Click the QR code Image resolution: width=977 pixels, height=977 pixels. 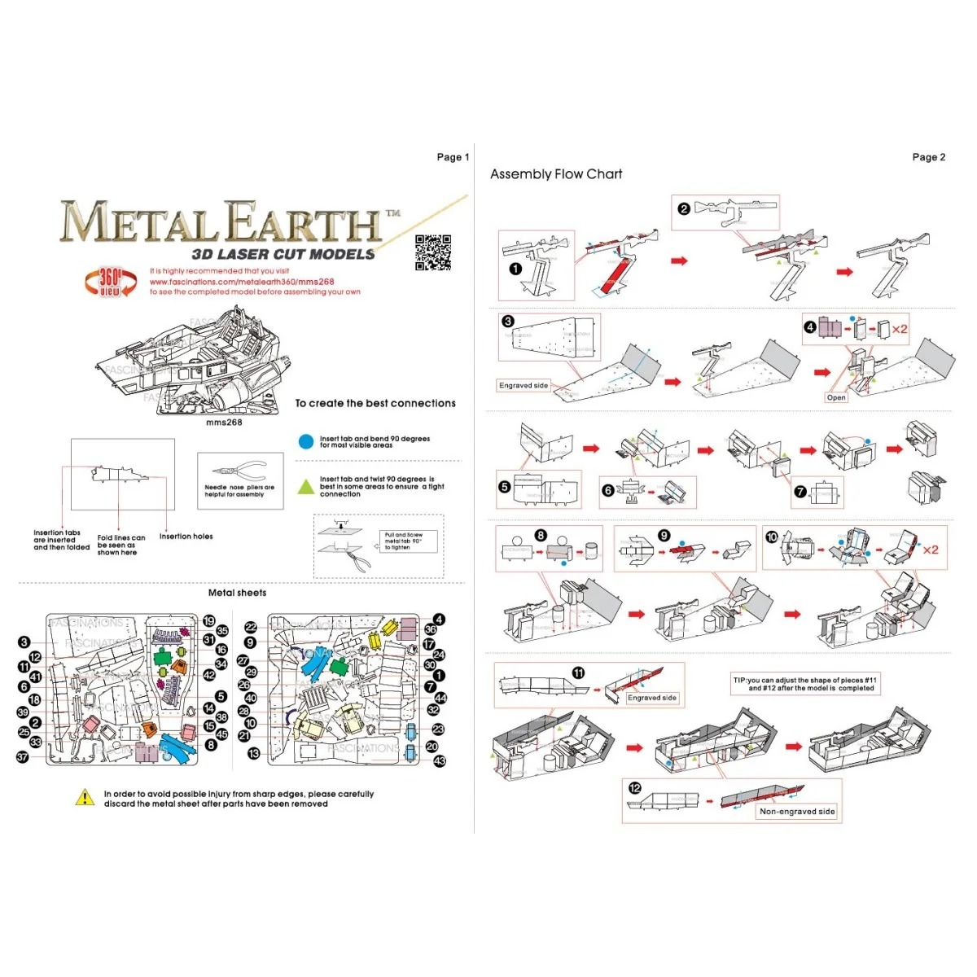tap(433, 252)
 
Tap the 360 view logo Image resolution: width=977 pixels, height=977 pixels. tap(109, 282)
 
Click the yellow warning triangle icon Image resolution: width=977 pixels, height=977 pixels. tap(85, 797)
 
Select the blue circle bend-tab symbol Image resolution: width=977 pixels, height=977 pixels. tap(306, 441)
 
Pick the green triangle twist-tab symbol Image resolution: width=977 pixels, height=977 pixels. tap(306, 487)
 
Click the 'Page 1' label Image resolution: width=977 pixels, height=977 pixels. tap(453, 157)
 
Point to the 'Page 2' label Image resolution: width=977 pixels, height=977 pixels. tap(928, 157)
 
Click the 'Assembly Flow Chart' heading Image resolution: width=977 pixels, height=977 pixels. tap(556, 174)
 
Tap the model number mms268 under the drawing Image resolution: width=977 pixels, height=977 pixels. tap(224, 422)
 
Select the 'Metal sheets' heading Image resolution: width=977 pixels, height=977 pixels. tap(237, 593)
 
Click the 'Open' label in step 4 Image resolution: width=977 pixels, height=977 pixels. tap(835, 397)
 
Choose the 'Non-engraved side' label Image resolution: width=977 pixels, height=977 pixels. tap(796, 812)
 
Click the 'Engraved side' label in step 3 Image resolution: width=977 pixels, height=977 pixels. tap(524, 385)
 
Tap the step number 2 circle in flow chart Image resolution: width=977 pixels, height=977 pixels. tap(684, 208)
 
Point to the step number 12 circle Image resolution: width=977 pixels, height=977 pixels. tap(635, 788)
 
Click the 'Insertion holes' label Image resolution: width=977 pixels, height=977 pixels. tap(186, 537)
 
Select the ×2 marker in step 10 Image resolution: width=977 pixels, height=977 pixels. tap(930, 550)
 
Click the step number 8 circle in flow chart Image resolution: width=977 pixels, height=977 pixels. tap(541, 535)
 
